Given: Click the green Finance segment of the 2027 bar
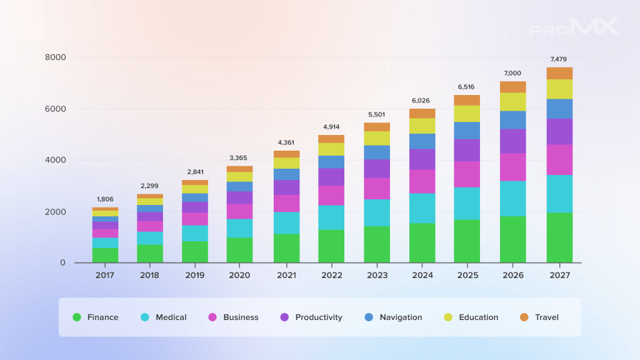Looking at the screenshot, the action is pyautogui.click(x=559, y=237).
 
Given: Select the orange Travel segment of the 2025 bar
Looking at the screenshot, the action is pyautogui.click(x=467, y=101).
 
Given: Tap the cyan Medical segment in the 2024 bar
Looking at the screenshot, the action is pyautogui.click(x=422, y=208).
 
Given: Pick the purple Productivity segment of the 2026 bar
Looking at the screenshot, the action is pyautogui.click(x=513, y=141).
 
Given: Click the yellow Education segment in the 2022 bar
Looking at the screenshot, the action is pyautogui.click(x=331, y=149).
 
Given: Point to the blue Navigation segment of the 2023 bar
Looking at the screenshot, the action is pyautogui.click(x=377, y=152).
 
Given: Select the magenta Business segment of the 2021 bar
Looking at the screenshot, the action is pyautogui.click(x=286, y=203).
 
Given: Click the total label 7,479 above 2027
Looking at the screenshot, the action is pyautogui.click(x=558, y=59).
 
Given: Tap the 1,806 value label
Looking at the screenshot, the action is pyautogui.click(x=105, y=199).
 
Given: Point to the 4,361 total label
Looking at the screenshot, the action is pyautogui.click(x=286, y=142).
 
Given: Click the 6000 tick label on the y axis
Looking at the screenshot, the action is pyautogui.click(x=56, y=109).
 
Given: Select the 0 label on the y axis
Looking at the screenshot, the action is pyautogui.click(x=62, y=263).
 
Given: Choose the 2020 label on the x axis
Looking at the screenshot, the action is pyautogui.click(x=239, y=275).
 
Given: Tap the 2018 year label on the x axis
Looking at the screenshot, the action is pyautogui.click(x=150, y=275).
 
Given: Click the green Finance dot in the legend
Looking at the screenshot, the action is pyautogui.click(x=77, y=317).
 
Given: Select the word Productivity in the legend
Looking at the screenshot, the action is pyautogui.click(x=319, y=317).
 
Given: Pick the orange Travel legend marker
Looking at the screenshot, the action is pyautogui.click(x=524, y=317).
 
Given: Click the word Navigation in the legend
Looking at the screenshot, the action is pyautogui.click(x=401, y=317).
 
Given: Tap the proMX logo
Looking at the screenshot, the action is pyautogui.click(x=574, y=26).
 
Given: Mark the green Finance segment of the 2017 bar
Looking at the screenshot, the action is pyautogui.click(x=105, y=256).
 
